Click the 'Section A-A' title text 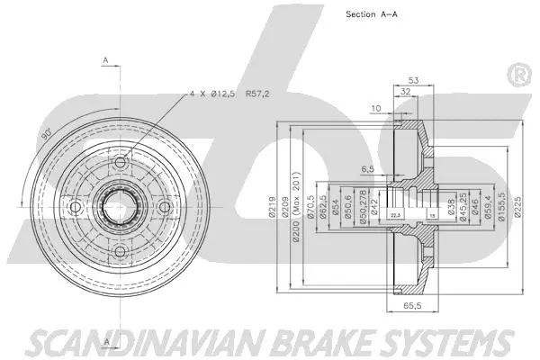(x=374, y=14)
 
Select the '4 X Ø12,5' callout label (x=214, y=94)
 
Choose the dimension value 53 (x=413, y=79)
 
